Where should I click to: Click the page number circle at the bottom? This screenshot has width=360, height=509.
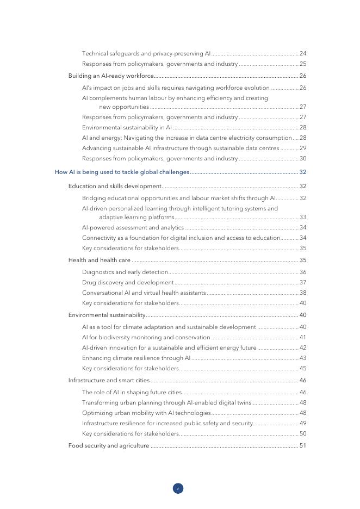click(x=178, y=488)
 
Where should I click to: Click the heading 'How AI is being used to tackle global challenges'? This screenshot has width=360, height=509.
click(x=122, y=172)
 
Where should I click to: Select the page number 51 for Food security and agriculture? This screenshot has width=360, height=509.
click(x=303, y=446)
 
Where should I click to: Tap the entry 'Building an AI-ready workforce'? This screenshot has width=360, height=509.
click(x=111, y=76)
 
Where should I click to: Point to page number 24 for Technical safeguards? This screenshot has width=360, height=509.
click(x=303, y=54)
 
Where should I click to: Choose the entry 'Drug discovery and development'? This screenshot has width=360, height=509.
click(x=128, y=282)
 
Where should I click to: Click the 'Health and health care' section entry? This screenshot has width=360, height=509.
click(x=99, y=260)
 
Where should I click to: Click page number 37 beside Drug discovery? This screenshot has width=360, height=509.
click(x=303, y=282)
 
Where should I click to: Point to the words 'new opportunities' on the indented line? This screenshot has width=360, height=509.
click(x=124, y=107)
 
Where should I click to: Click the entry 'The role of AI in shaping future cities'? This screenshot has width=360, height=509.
click(x=132, y=392)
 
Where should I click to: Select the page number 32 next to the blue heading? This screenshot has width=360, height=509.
click(x=303, y=172)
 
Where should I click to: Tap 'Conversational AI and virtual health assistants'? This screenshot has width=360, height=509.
click(x=144, y=293)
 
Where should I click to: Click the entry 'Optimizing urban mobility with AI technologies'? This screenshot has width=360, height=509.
click(x=146, y=413)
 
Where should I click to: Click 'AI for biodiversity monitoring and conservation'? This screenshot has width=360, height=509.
click(x=146, y=337)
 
